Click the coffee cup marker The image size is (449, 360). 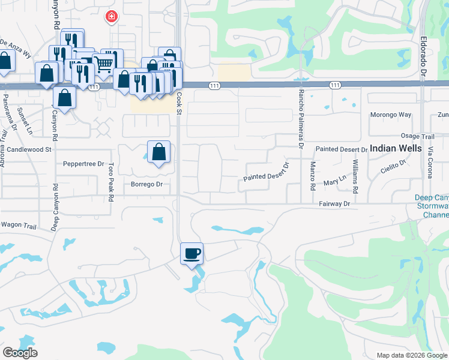192,253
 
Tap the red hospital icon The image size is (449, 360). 110,17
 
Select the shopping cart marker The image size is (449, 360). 104,62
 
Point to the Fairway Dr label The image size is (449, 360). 335,204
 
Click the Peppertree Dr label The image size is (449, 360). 83,163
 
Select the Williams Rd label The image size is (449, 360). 355,176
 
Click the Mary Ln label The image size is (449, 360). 335,181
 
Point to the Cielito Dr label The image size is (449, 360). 394,166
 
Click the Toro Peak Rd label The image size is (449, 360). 111,181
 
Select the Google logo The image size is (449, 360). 20,353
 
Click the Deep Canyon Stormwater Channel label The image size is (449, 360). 431,206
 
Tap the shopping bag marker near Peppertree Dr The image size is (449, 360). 158,152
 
